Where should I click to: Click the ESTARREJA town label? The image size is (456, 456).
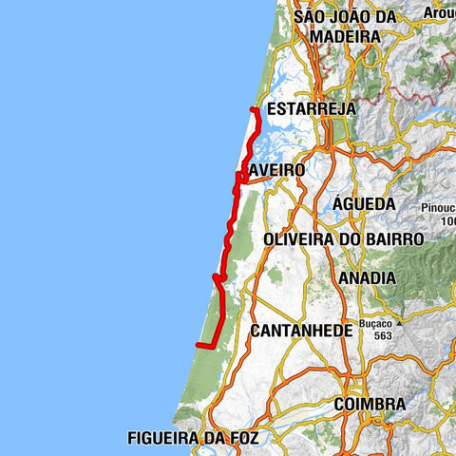[x=312, y=110]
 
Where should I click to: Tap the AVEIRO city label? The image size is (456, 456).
[x=276, y=170]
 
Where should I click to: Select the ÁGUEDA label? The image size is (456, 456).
[x=364, y=204]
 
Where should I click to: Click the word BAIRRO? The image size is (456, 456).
[x=390, y=239]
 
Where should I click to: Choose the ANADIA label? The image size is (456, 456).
[x=366, y=277]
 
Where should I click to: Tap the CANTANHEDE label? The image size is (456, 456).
[x=301, y=331]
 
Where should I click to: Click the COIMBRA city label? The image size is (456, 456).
[x=370, y=405]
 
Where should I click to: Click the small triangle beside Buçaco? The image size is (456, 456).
[x=401, y=323]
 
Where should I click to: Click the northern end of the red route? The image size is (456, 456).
[x=253, y=111]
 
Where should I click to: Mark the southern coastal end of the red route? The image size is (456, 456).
[x=198, y=345]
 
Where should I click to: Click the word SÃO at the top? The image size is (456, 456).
[x=312, y=17]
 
